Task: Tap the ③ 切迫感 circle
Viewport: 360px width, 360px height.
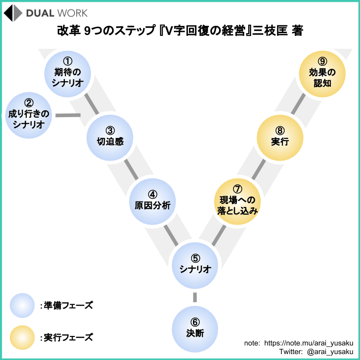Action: pos(110,137)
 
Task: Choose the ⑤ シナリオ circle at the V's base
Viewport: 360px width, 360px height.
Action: pos(195,266)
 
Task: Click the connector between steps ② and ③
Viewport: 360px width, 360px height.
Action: pos(68,115)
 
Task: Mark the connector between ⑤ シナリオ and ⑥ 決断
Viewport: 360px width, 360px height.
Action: pos(195,297)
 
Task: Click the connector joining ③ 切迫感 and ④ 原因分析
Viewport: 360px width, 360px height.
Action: pos(131,169)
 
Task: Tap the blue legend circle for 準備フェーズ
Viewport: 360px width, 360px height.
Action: pos(22,305)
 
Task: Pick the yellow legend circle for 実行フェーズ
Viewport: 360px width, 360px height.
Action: pos(22,337)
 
